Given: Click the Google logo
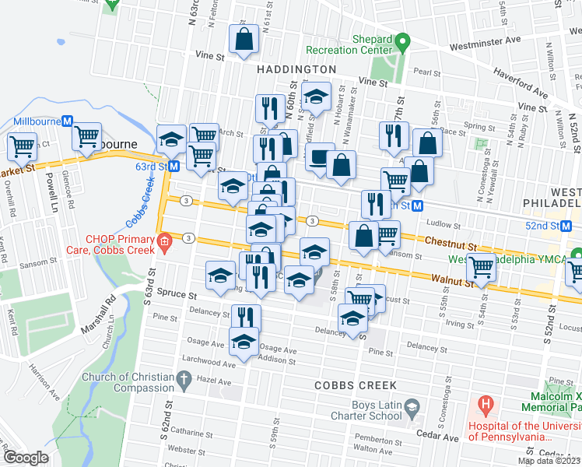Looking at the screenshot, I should [26, 458].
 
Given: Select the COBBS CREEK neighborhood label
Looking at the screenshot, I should [356, 385].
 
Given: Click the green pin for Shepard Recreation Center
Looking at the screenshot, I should [402, 40].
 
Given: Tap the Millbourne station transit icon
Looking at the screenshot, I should [68, 121].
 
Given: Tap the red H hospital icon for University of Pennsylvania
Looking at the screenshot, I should [486, 405].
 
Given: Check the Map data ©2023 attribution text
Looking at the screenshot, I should [549, 461].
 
